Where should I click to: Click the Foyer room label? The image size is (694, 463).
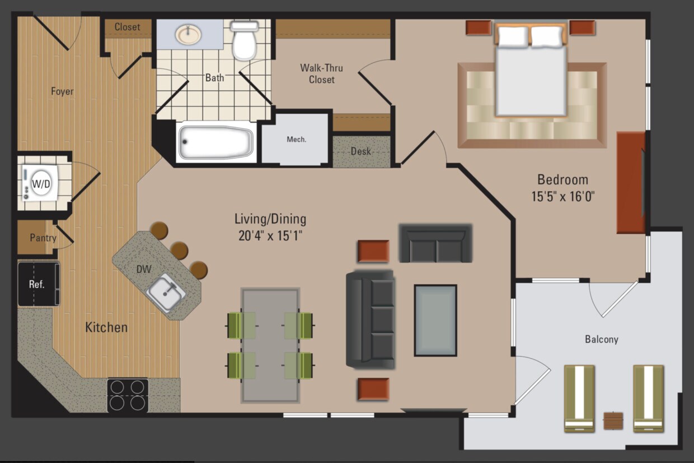62,91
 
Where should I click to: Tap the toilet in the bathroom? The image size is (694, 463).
245,40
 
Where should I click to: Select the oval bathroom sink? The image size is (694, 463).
189,34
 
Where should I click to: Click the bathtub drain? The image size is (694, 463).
185,142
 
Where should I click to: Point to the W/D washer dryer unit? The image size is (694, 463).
40,183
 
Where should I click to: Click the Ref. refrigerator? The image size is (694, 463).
39,284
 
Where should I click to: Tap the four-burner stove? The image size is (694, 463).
128,395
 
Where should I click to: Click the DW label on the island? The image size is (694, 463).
144,269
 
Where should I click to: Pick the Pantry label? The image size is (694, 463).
43,238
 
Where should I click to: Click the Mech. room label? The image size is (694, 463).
297,140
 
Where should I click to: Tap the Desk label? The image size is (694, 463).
360,151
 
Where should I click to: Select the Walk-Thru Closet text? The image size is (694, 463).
322,73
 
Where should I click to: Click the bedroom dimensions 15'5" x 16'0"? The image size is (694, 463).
563,196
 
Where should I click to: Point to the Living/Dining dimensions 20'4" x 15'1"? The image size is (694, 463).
270,236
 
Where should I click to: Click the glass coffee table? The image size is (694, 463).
435,320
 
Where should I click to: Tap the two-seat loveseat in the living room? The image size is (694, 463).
435,243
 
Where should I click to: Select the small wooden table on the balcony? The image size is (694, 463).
613,421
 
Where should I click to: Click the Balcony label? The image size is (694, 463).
601,339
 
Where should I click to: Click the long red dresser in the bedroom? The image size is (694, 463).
631,183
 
